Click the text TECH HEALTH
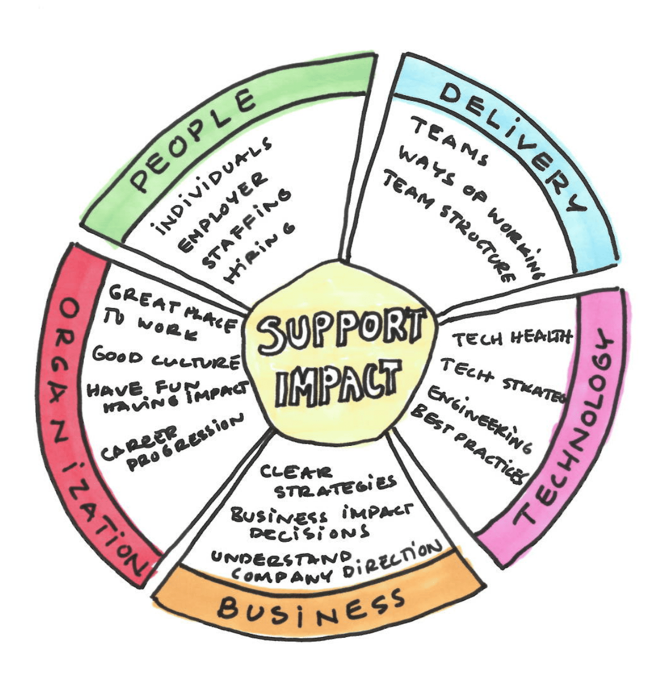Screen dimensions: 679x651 pyautogui.click(x=511, y=338)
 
